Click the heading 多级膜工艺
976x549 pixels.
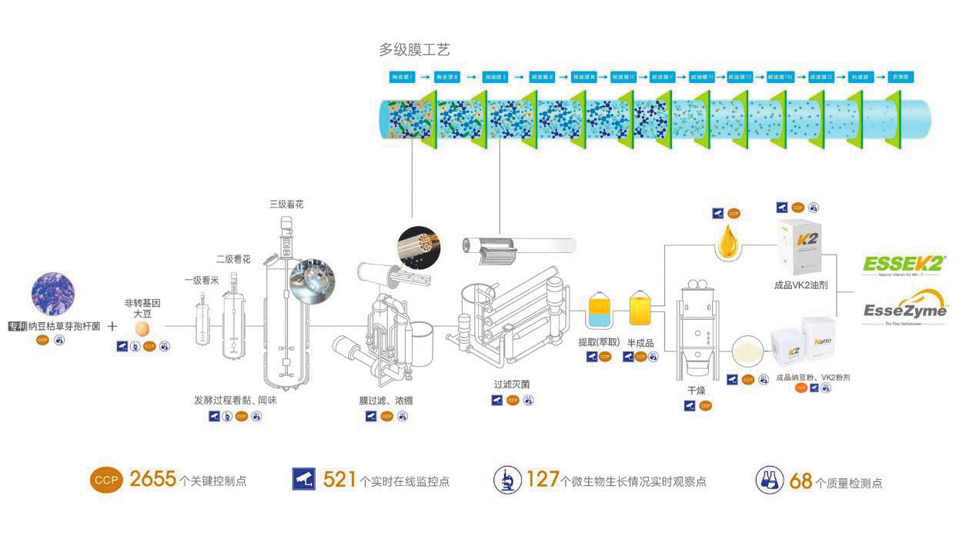click(414, 50)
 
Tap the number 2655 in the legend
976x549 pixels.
click(153, 479)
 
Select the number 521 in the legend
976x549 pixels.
click(339, 480)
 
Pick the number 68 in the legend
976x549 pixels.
click(801, 481)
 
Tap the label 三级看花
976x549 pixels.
click(286, 205)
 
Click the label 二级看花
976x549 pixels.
click(233, 259)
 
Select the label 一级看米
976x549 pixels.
click(202, 281)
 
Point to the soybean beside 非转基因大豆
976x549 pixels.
click(142, 328)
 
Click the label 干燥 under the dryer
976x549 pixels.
click(696, 391)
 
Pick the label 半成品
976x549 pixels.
click(640, 342)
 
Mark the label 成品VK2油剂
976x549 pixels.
click(801, 285)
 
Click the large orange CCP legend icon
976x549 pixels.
click(105, 480)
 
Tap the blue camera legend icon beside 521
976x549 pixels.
click(304, 479)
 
